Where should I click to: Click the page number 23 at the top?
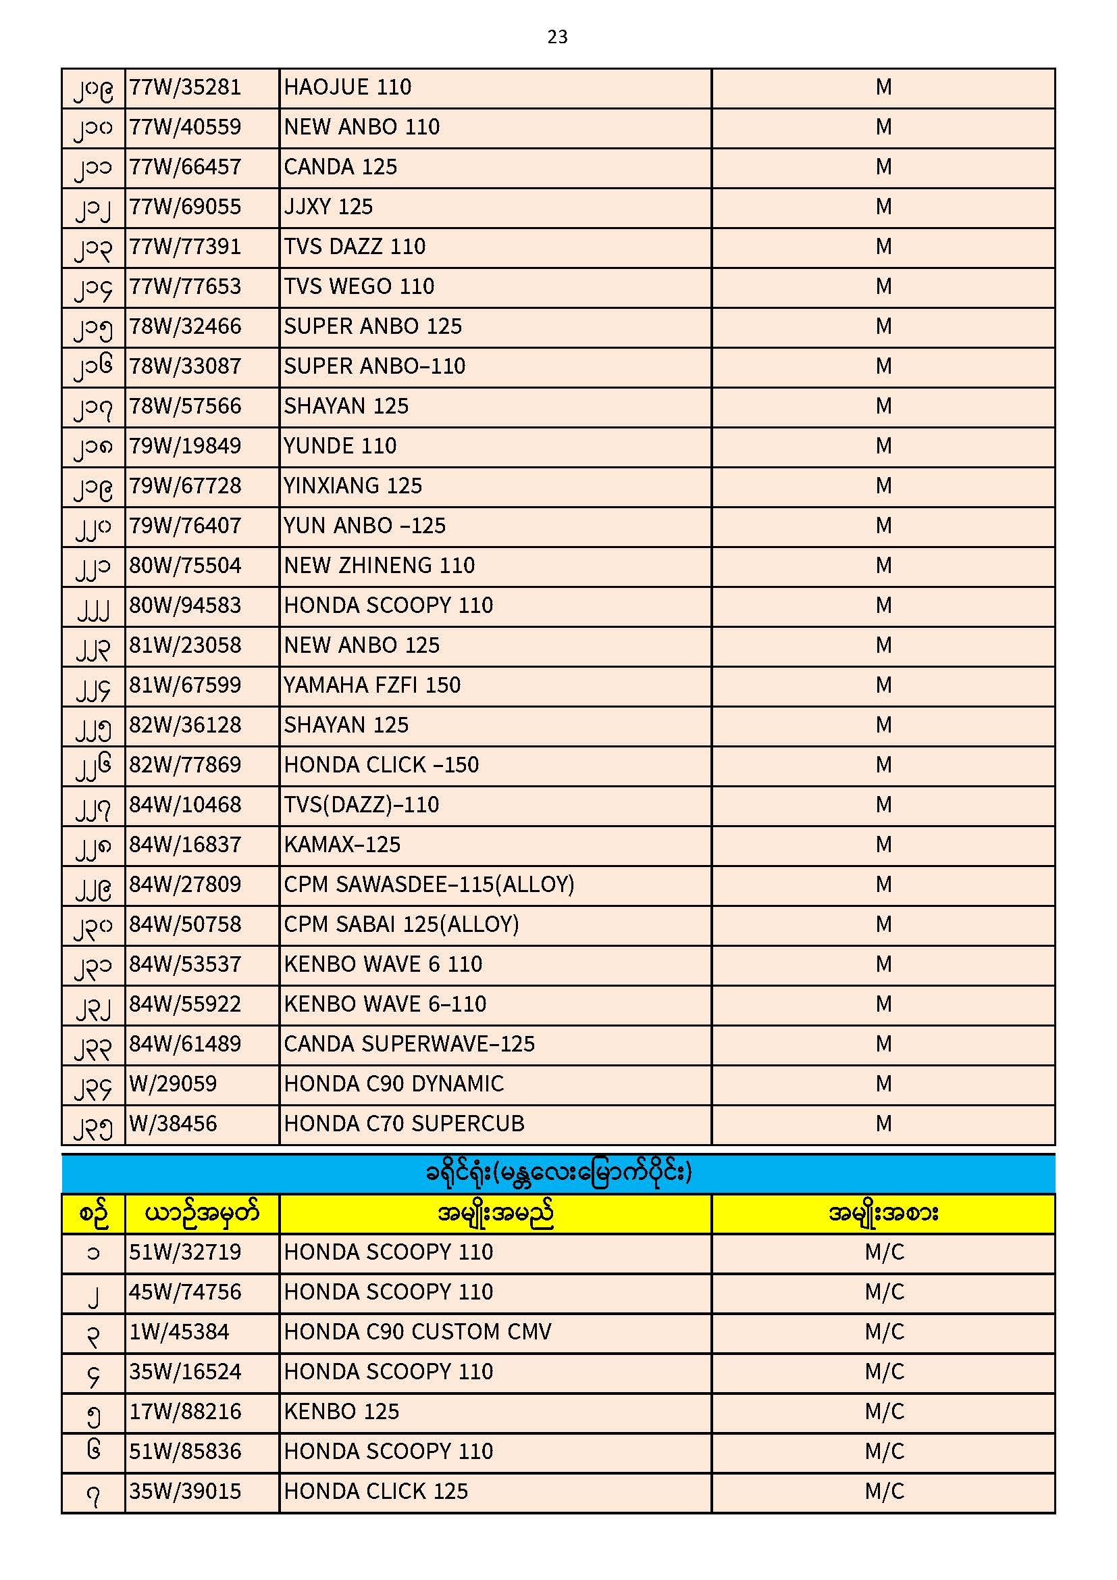pos(557,36)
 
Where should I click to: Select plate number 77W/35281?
pos(185,87)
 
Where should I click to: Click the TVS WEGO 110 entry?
pos(359,287)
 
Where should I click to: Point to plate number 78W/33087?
pos(185,366)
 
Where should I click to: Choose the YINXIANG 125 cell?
pos(353,486)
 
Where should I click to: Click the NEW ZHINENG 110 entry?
pos(379,566)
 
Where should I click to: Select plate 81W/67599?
pos(185,685)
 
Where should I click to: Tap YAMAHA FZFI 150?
pos(372,685)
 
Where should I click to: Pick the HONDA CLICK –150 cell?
pos(381,765)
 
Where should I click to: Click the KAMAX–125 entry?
pos(342,845)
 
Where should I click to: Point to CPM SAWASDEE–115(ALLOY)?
pos(429,885)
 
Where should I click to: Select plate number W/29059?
pos(173,1084)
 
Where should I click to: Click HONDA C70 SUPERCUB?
pos(404,1124)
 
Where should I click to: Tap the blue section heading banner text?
pos(558,1172)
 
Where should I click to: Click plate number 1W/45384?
pos(179,1331)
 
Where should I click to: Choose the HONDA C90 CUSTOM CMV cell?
pos(417,1331)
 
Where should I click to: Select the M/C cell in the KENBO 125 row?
pos(884,1412)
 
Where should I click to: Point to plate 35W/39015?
pos(185,1491)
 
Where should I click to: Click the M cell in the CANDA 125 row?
pos(883,167)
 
